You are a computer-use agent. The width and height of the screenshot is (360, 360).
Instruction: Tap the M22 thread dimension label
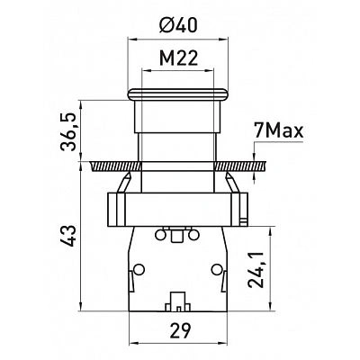tap(178, 58)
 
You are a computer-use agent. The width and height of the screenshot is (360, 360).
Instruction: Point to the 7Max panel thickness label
tap(279, 131)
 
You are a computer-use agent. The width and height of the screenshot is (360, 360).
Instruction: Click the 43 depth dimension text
tap(67, 236)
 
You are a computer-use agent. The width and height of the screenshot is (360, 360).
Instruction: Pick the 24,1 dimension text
tap(256, 269)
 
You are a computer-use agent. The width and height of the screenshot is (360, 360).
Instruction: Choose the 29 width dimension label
tap(179, 330)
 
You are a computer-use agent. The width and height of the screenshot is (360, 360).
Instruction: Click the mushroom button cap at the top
tap(177, 94)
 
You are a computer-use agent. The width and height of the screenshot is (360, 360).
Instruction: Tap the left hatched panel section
tap(115, 166)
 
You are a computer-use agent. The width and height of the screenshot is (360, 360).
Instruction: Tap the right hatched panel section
tap(240, 166)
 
